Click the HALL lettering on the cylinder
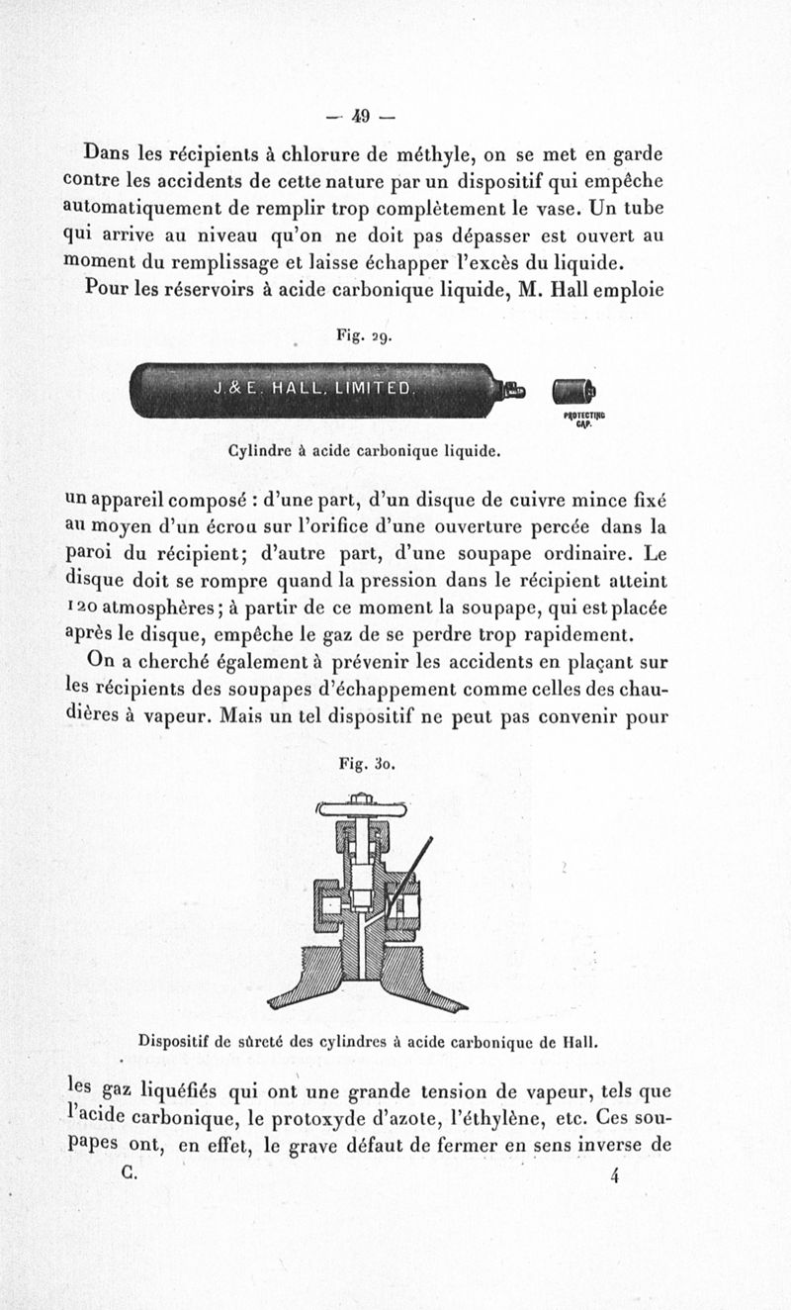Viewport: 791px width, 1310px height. (296, 388)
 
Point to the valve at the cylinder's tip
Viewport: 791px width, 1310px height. (512, 392)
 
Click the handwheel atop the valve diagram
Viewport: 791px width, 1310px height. (361, 808)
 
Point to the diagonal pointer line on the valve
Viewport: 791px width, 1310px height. (410, 875)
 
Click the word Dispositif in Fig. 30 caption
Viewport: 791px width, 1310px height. (177, 1041)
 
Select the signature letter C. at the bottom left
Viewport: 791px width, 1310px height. (129, 1171)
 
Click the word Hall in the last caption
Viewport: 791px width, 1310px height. (581, 1041)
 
